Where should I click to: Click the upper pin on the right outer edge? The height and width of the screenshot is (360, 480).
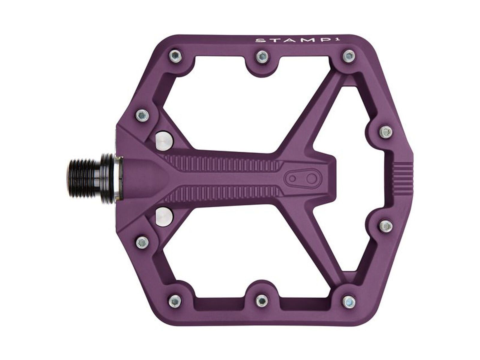click(386, 131)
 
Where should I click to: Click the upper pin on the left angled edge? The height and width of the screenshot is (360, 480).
click(141, 114)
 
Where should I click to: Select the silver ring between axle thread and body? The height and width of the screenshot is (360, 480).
click(117, 177)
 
